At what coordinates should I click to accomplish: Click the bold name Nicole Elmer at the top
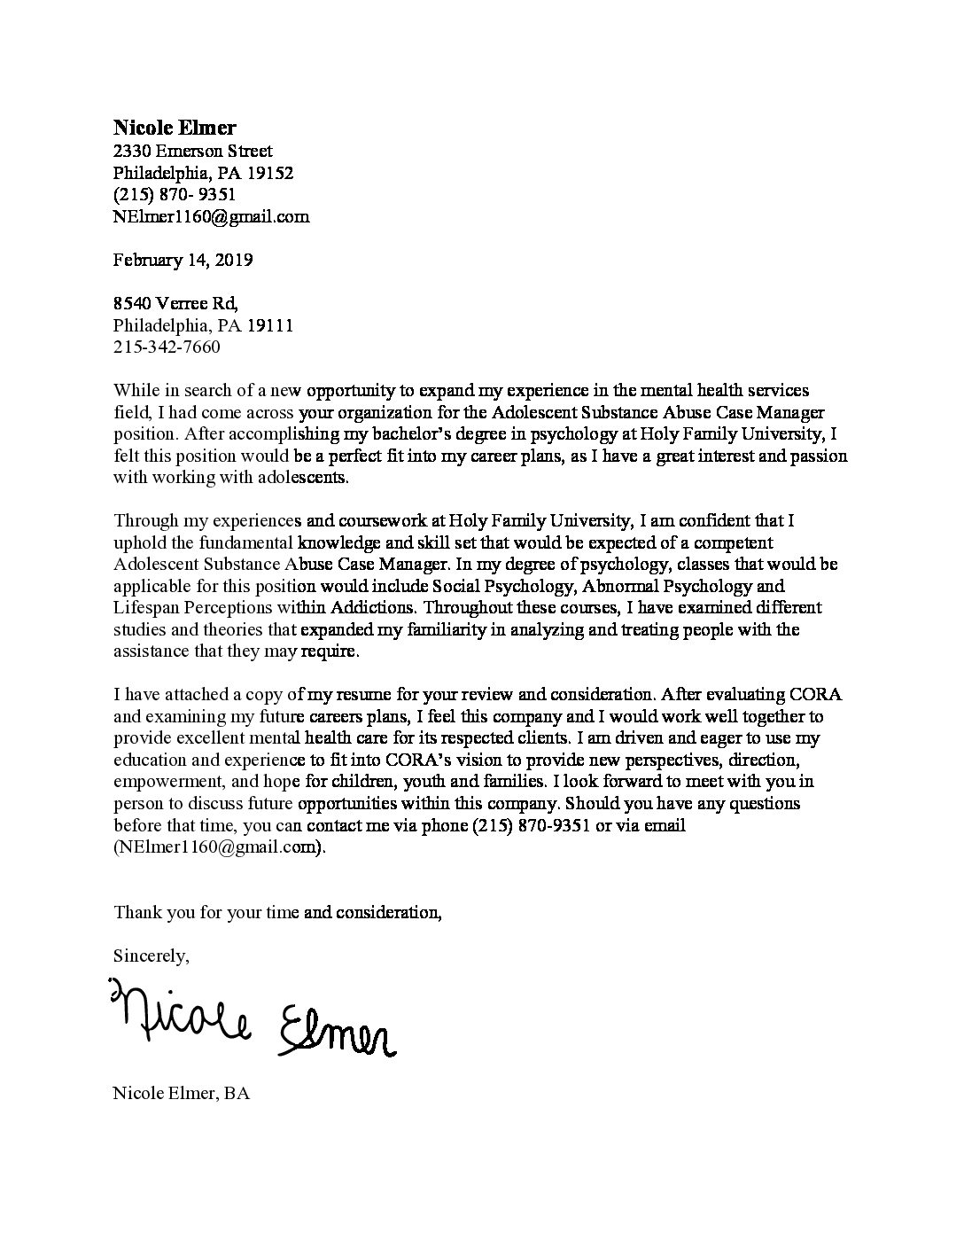click(x=175, y=127)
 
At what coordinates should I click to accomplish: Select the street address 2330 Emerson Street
click(x=192, y=151)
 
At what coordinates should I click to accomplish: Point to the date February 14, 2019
click(x=183, y=260)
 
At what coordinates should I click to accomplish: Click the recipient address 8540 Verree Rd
click(x=175, y=303)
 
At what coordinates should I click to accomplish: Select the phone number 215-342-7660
click(x=167, y=347)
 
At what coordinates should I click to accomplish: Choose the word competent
click(x=731, y=542)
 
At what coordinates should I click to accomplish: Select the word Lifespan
click(x=146, y=608)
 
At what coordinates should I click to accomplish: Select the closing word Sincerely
click(x=151, y=956)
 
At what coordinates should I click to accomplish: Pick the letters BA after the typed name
click(x=237, y=1093)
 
